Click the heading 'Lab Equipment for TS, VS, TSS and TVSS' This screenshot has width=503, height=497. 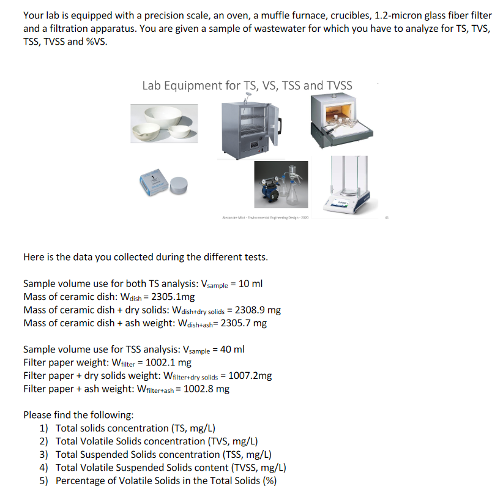pyautogui.click(x=247, y=85)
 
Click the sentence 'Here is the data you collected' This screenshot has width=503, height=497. pyautogui.click(x=145, y=257)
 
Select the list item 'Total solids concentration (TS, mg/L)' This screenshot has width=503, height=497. pyautogui.click(x=135, y=428)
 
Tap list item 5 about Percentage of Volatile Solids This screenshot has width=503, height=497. pyautogui.click(x=165, y=480)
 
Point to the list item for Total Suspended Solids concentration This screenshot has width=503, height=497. pyautogui.click(x=163, y=454)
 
